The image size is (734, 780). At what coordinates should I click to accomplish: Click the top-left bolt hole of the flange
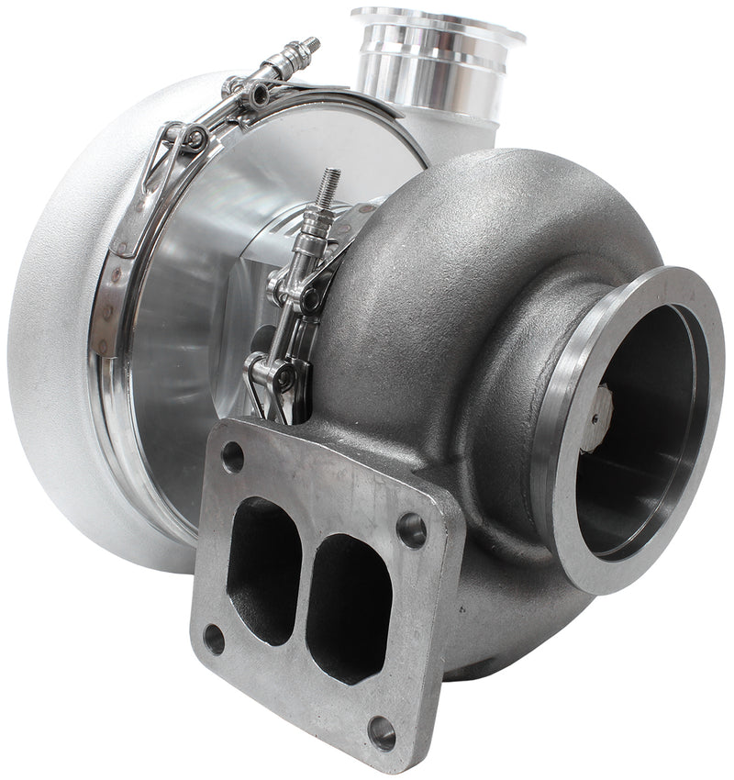pos(233,456)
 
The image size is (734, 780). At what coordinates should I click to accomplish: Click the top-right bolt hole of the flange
pos(411,529)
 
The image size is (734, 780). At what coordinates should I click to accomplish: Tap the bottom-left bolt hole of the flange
pos(214,640)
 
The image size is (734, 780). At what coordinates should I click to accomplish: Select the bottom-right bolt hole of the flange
pos(382,732)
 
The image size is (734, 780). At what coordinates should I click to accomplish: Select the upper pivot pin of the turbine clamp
pos(310,299)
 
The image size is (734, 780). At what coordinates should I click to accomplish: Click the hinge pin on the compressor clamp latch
pos(194,139)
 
